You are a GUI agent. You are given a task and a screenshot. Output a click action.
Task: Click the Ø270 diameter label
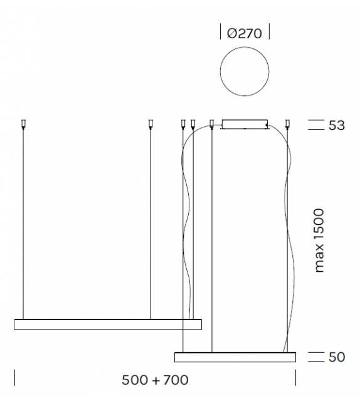245,33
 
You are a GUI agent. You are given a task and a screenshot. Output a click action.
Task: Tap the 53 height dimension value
336,126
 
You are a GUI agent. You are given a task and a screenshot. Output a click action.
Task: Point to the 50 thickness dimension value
336,357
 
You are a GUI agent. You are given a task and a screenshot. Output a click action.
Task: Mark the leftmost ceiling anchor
23,124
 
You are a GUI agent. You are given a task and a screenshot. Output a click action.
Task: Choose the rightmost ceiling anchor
288,124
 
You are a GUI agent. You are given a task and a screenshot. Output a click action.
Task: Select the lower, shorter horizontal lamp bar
235,357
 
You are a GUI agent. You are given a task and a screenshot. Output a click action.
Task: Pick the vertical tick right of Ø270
269,32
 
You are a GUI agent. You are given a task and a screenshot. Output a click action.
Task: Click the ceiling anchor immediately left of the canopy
211,124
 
